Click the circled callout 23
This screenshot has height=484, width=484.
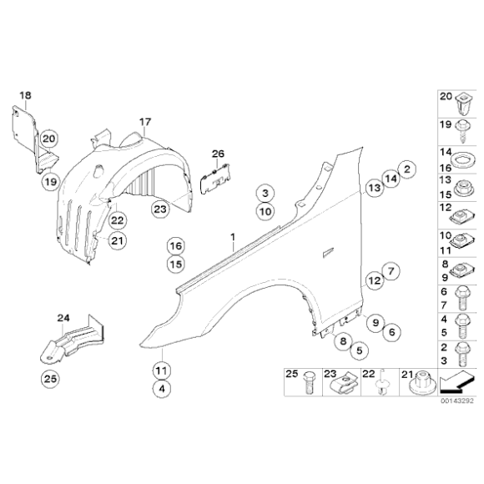tap(160, 209)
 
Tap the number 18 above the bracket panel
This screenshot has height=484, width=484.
tap(25, 95)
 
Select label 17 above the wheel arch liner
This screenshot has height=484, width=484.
tap(145, 122)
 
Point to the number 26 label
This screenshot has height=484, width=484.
tap(218, 154)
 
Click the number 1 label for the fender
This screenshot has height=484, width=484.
tap(233, 237)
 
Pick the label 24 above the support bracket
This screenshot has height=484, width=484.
tap(63, 318)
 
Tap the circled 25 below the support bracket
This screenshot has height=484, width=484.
tap(50, 378)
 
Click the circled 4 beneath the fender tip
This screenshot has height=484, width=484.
tap(162, 389)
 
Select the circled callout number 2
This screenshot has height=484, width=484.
tap(407, 169)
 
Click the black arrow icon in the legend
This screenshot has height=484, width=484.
tap(456, 383)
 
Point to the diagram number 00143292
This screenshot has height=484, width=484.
tap(456, 401)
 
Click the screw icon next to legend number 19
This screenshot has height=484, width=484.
tap(462, 131)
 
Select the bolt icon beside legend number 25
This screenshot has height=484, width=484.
tap(309, 383)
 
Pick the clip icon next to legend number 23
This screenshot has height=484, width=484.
tap(345, 383)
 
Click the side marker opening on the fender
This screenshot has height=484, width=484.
tap(328, 252)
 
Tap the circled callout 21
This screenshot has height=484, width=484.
tap(118, 240)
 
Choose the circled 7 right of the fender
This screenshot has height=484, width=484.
tap(391, 271)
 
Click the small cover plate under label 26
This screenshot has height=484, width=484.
tap(215, 180)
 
